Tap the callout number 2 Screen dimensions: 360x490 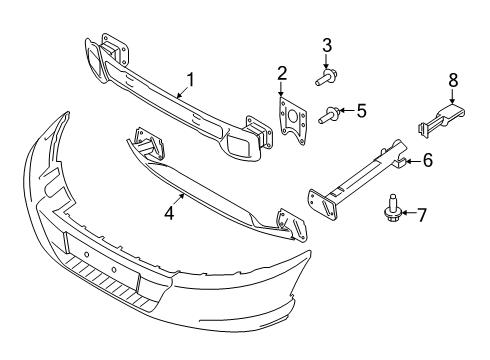282,72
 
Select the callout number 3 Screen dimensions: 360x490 326,44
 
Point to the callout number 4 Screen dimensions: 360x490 169,212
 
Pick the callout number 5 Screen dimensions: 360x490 362,111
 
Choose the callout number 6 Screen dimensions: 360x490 426,158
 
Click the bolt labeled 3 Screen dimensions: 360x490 327,76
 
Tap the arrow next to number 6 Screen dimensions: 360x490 411,158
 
